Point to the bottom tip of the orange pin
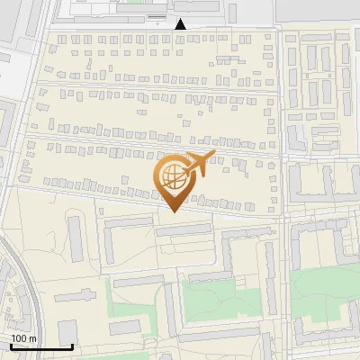(173, 212)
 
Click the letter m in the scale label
(32, 338)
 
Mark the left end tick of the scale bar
(10, 346)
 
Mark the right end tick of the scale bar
(72, 346)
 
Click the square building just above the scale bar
(67, 330)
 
